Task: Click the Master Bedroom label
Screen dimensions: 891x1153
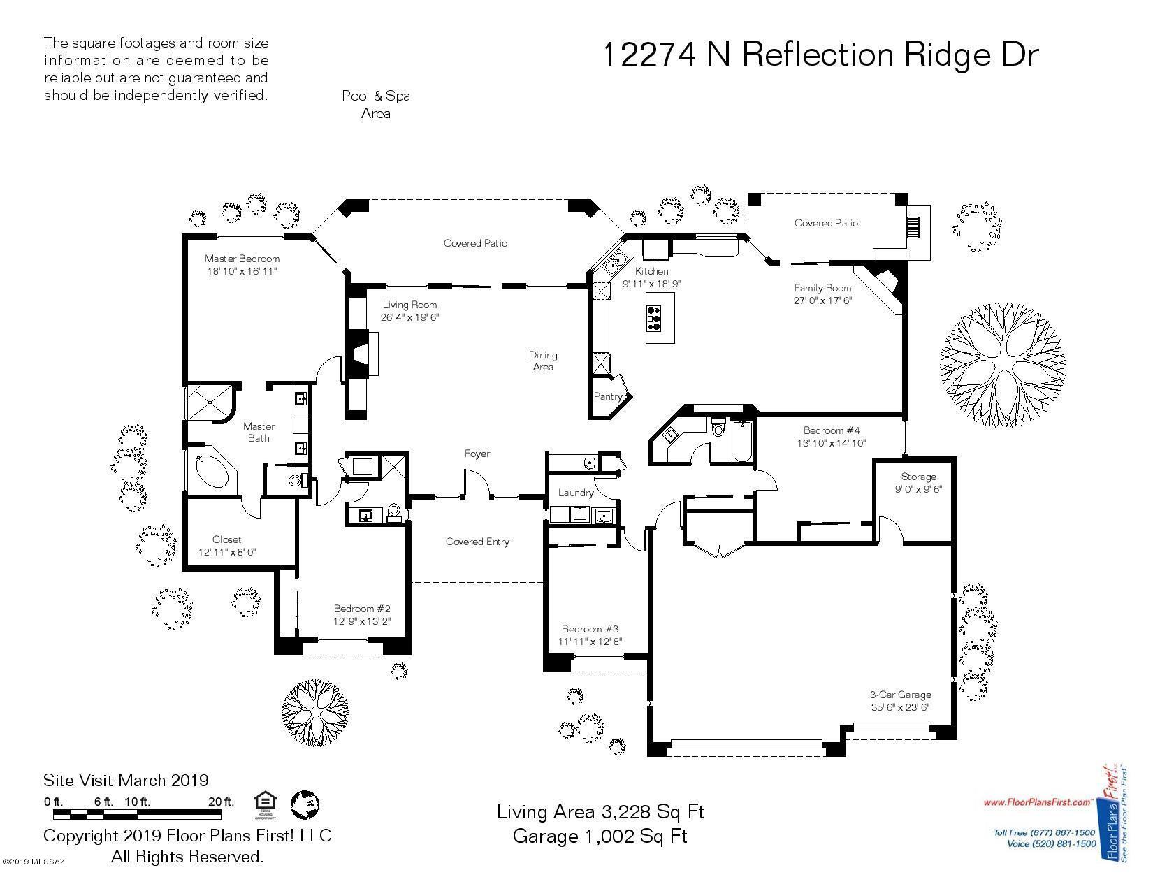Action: pos(242,259)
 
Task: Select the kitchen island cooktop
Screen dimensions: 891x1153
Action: pos(655,318)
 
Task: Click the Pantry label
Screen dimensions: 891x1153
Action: pos(607,396)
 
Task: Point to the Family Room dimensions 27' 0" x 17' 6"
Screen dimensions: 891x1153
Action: pos(822,300)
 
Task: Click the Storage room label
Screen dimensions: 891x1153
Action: pos(918,477)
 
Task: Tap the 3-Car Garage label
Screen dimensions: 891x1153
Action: pos(900,695)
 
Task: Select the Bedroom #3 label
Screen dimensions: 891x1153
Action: pos(590,628)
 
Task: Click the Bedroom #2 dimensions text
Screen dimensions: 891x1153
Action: pos(361,621)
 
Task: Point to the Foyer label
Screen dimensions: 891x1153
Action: pos(477,454)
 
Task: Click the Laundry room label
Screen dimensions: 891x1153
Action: pos(576,493)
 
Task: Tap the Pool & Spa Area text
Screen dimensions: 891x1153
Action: pos(375,104)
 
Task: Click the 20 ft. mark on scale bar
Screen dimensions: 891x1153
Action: pos(221,802)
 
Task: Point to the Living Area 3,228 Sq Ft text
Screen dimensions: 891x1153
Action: pos(600,812)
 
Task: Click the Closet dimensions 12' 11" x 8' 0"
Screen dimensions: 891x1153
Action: pos(227,552)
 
